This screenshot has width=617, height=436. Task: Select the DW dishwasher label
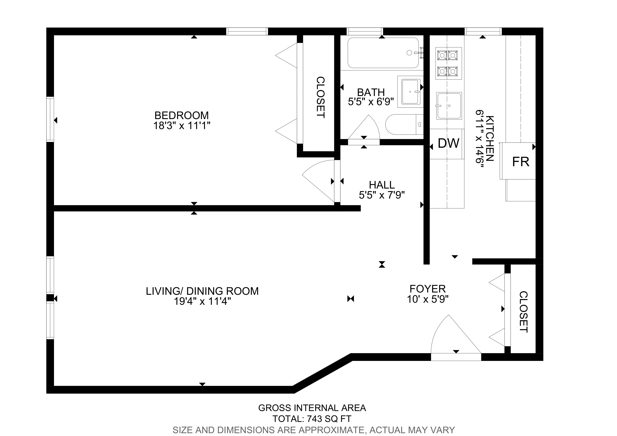(448, 144)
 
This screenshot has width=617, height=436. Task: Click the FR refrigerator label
(520, 162)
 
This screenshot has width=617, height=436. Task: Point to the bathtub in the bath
(383, 53)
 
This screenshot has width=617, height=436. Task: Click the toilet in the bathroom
(403, 124)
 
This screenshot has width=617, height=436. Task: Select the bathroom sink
(410, 92)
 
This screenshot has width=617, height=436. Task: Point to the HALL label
(382, 185)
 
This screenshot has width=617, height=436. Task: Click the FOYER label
(428, 289)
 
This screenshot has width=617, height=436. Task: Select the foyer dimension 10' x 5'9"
(428, 299)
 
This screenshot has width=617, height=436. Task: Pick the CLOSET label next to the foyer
(523, 312)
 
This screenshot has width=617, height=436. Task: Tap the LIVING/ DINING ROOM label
(202, 291)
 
